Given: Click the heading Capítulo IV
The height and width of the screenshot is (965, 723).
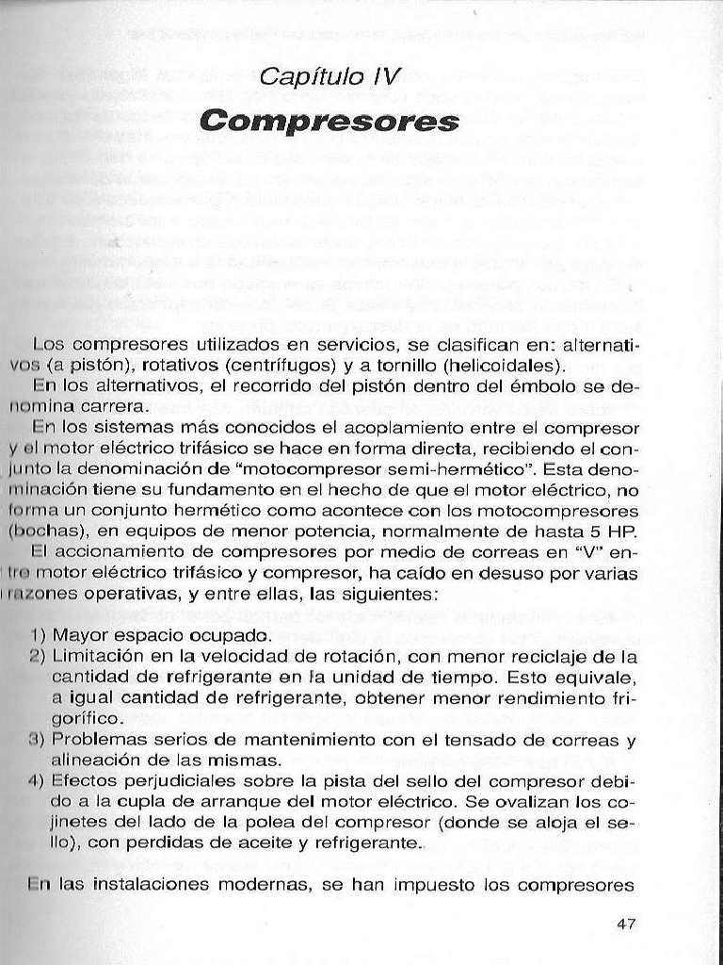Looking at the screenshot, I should click(329, 77).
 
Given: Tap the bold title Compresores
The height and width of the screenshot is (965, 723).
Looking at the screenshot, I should click(329, 122).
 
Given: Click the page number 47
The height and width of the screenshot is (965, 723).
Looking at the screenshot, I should click(626, 924).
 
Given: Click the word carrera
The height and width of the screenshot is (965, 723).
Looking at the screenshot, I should click(115, 406).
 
